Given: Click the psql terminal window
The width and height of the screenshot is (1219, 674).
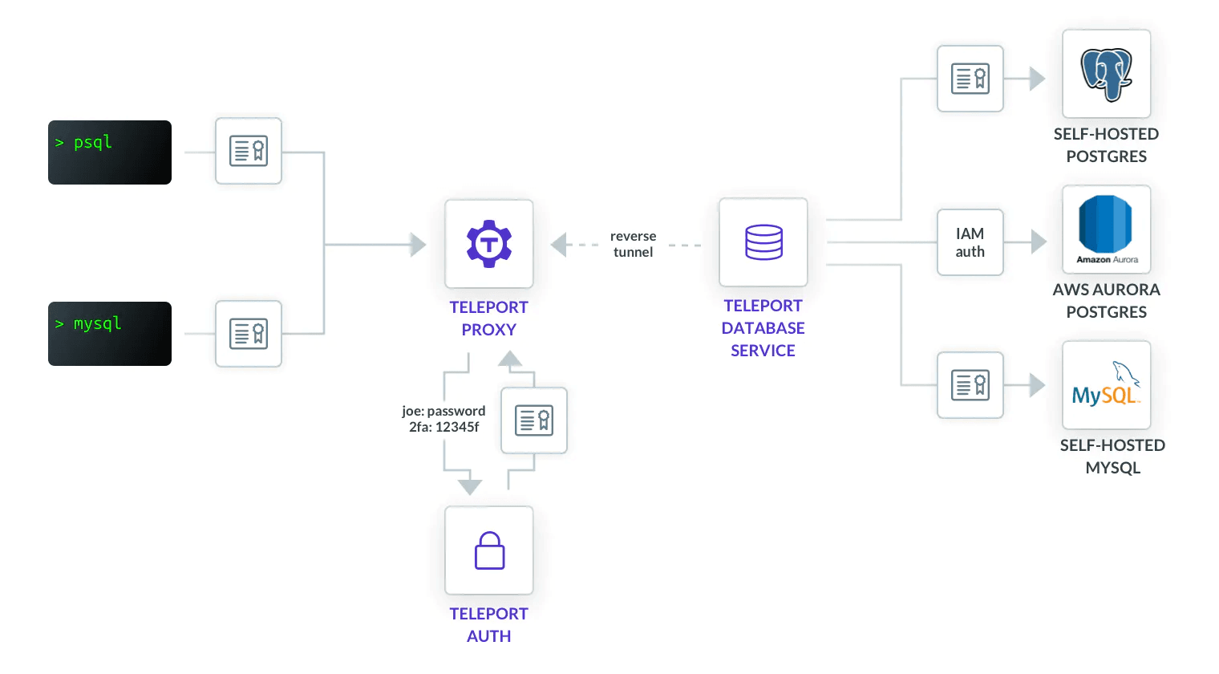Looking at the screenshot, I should point(110,152).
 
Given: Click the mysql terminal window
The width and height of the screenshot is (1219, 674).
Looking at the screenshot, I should point(110,334).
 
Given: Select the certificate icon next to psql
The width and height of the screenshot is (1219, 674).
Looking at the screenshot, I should point(249,151).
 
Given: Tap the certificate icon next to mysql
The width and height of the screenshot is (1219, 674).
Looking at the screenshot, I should point(249,334).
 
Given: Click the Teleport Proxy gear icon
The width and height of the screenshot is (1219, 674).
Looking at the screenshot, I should point(489,244).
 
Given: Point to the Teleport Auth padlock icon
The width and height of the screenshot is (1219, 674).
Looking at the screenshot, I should point(489,550).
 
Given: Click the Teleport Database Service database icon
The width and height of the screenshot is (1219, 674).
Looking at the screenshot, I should point(763,242).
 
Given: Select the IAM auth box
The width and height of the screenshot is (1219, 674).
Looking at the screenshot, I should point(970,242).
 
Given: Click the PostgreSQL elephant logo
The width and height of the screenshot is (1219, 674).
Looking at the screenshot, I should point(1107,74).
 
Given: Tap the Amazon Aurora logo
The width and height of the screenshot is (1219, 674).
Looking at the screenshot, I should point(1107,229).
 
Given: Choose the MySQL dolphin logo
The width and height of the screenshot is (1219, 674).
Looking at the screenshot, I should point(1107,385).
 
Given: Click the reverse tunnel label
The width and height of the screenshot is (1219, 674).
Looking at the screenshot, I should point(633,244).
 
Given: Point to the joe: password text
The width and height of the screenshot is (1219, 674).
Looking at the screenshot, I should point(443,411).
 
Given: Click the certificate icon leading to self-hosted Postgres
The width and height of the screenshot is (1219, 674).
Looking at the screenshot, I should point(970,79).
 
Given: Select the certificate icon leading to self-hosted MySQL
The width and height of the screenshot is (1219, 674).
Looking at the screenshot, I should point(970,385).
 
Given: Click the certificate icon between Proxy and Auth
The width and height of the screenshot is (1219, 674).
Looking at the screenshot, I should point(534,420).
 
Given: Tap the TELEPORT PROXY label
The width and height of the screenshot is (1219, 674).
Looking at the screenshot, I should point(488,319).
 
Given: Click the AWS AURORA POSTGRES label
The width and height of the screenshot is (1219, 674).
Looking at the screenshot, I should point(1107,301).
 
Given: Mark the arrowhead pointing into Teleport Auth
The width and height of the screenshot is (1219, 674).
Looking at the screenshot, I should point(470,487).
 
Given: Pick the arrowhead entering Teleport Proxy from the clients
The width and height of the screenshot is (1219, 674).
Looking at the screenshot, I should point(418,244).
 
